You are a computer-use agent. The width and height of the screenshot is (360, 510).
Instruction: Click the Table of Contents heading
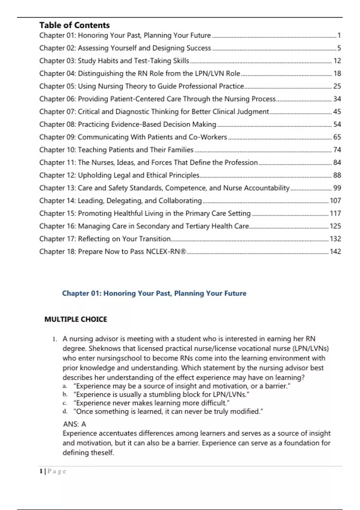74,25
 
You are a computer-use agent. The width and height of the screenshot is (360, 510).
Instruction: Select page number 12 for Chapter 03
337,61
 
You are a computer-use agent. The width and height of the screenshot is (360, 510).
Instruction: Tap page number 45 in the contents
337,112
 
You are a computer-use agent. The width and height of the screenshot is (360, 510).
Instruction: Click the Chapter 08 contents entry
127,124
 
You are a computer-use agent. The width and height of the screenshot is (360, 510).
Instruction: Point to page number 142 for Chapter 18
335,252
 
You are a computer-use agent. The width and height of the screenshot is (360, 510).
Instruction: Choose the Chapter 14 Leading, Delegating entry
120,201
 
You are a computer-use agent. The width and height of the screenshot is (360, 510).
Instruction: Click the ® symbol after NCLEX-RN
183,252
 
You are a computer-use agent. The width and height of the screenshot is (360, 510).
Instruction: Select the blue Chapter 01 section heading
154,293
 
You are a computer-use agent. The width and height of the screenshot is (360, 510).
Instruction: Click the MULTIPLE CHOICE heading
76,319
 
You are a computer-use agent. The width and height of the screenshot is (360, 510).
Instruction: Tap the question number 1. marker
54,339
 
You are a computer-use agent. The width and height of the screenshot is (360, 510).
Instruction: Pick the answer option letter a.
64,386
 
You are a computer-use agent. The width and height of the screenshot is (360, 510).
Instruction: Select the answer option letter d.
65,411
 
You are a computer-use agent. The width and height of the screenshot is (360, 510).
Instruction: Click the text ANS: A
74,424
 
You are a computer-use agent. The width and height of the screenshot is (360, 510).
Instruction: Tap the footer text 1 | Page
52,471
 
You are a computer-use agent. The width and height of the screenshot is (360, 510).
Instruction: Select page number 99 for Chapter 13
337,188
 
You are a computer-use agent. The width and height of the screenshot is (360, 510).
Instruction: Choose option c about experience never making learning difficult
151,403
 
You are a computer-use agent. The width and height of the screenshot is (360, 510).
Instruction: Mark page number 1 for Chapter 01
339,35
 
